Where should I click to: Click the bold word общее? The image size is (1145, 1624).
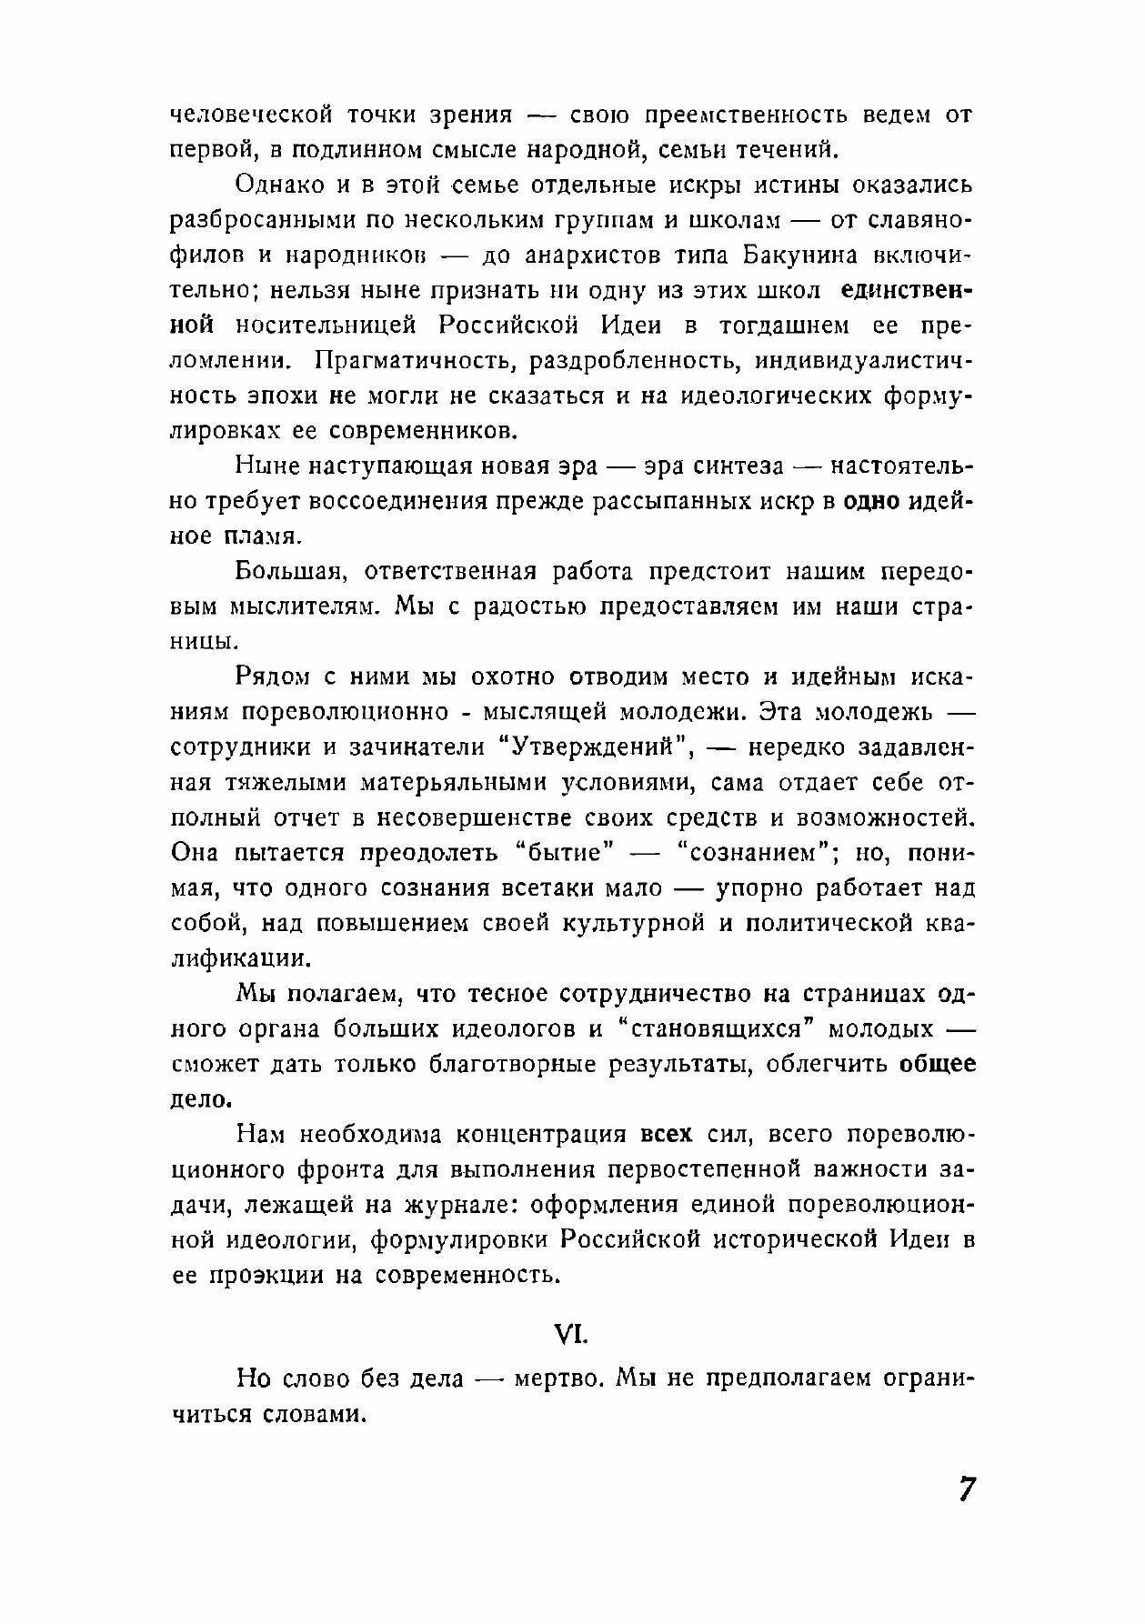coord(938,1064)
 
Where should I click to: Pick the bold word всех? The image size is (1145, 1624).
coord(667,1135)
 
